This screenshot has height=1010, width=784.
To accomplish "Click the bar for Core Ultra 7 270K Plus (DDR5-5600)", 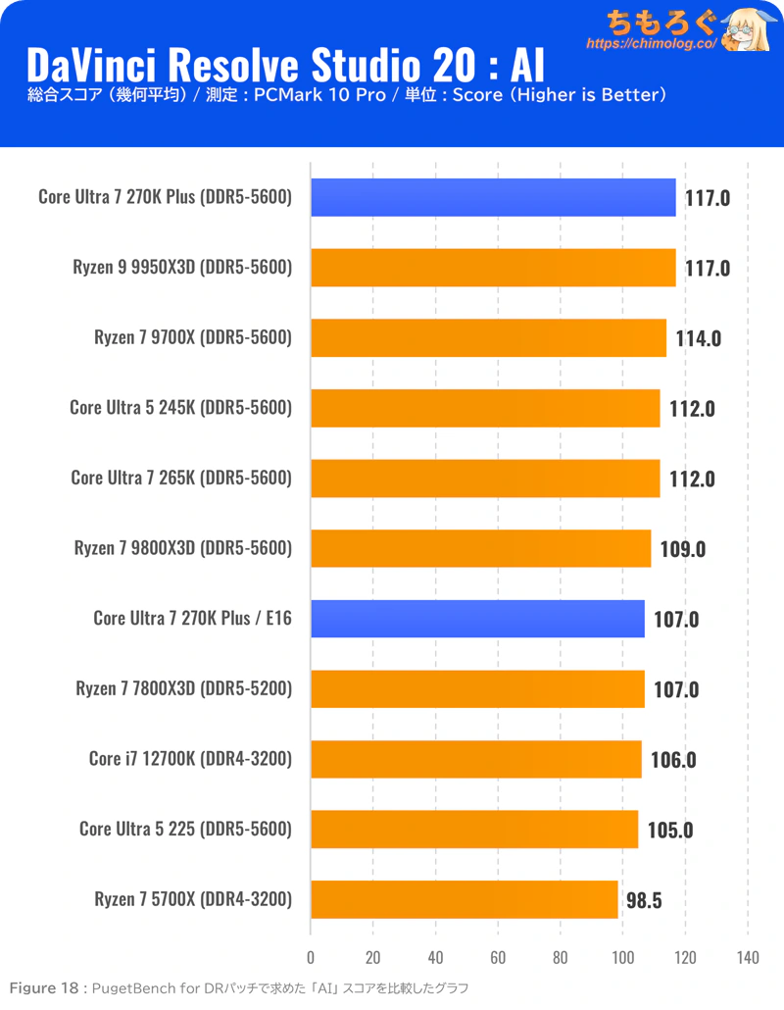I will [493, 197].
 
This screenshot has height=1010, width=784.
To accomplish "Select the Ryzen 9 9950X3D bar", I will [493, 268].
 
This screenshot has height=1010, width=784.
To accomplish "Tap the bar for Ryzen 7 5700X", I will [465, 899].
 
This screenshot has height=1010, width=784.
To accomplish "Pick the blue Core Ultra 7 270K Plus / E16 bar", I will [477, 619].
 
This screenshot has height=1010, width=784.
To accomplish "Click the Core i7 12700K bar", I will [476, 759].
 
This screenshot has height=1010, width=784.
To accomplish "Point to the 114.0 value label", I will [698, 338].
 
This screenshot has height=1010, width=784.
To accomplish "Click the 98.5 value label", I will [644, 899].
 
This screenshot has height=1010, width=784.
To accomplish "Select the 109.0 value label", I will [682, 549].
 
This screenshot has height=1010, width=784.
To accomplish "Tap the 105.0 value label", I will [669, 830].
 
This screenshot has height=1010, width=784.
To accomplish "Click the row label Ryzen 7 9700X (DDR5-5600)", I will [193, 338].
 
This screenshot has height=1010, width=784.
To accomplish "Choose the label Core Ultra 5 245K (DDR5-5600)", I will [181, 408].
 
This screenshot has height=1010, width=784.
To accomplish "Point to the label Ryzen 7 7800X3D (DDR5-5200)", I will [184, 689].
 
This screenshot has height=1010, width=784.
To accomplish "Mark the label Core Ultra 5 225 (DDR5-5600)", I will [186, 830].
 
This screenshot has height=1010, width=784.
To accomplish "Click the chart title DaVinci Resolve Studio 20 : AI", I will [284, 65].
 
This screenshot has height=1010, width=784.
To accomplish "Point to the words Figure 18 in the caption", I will [44, 987].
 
